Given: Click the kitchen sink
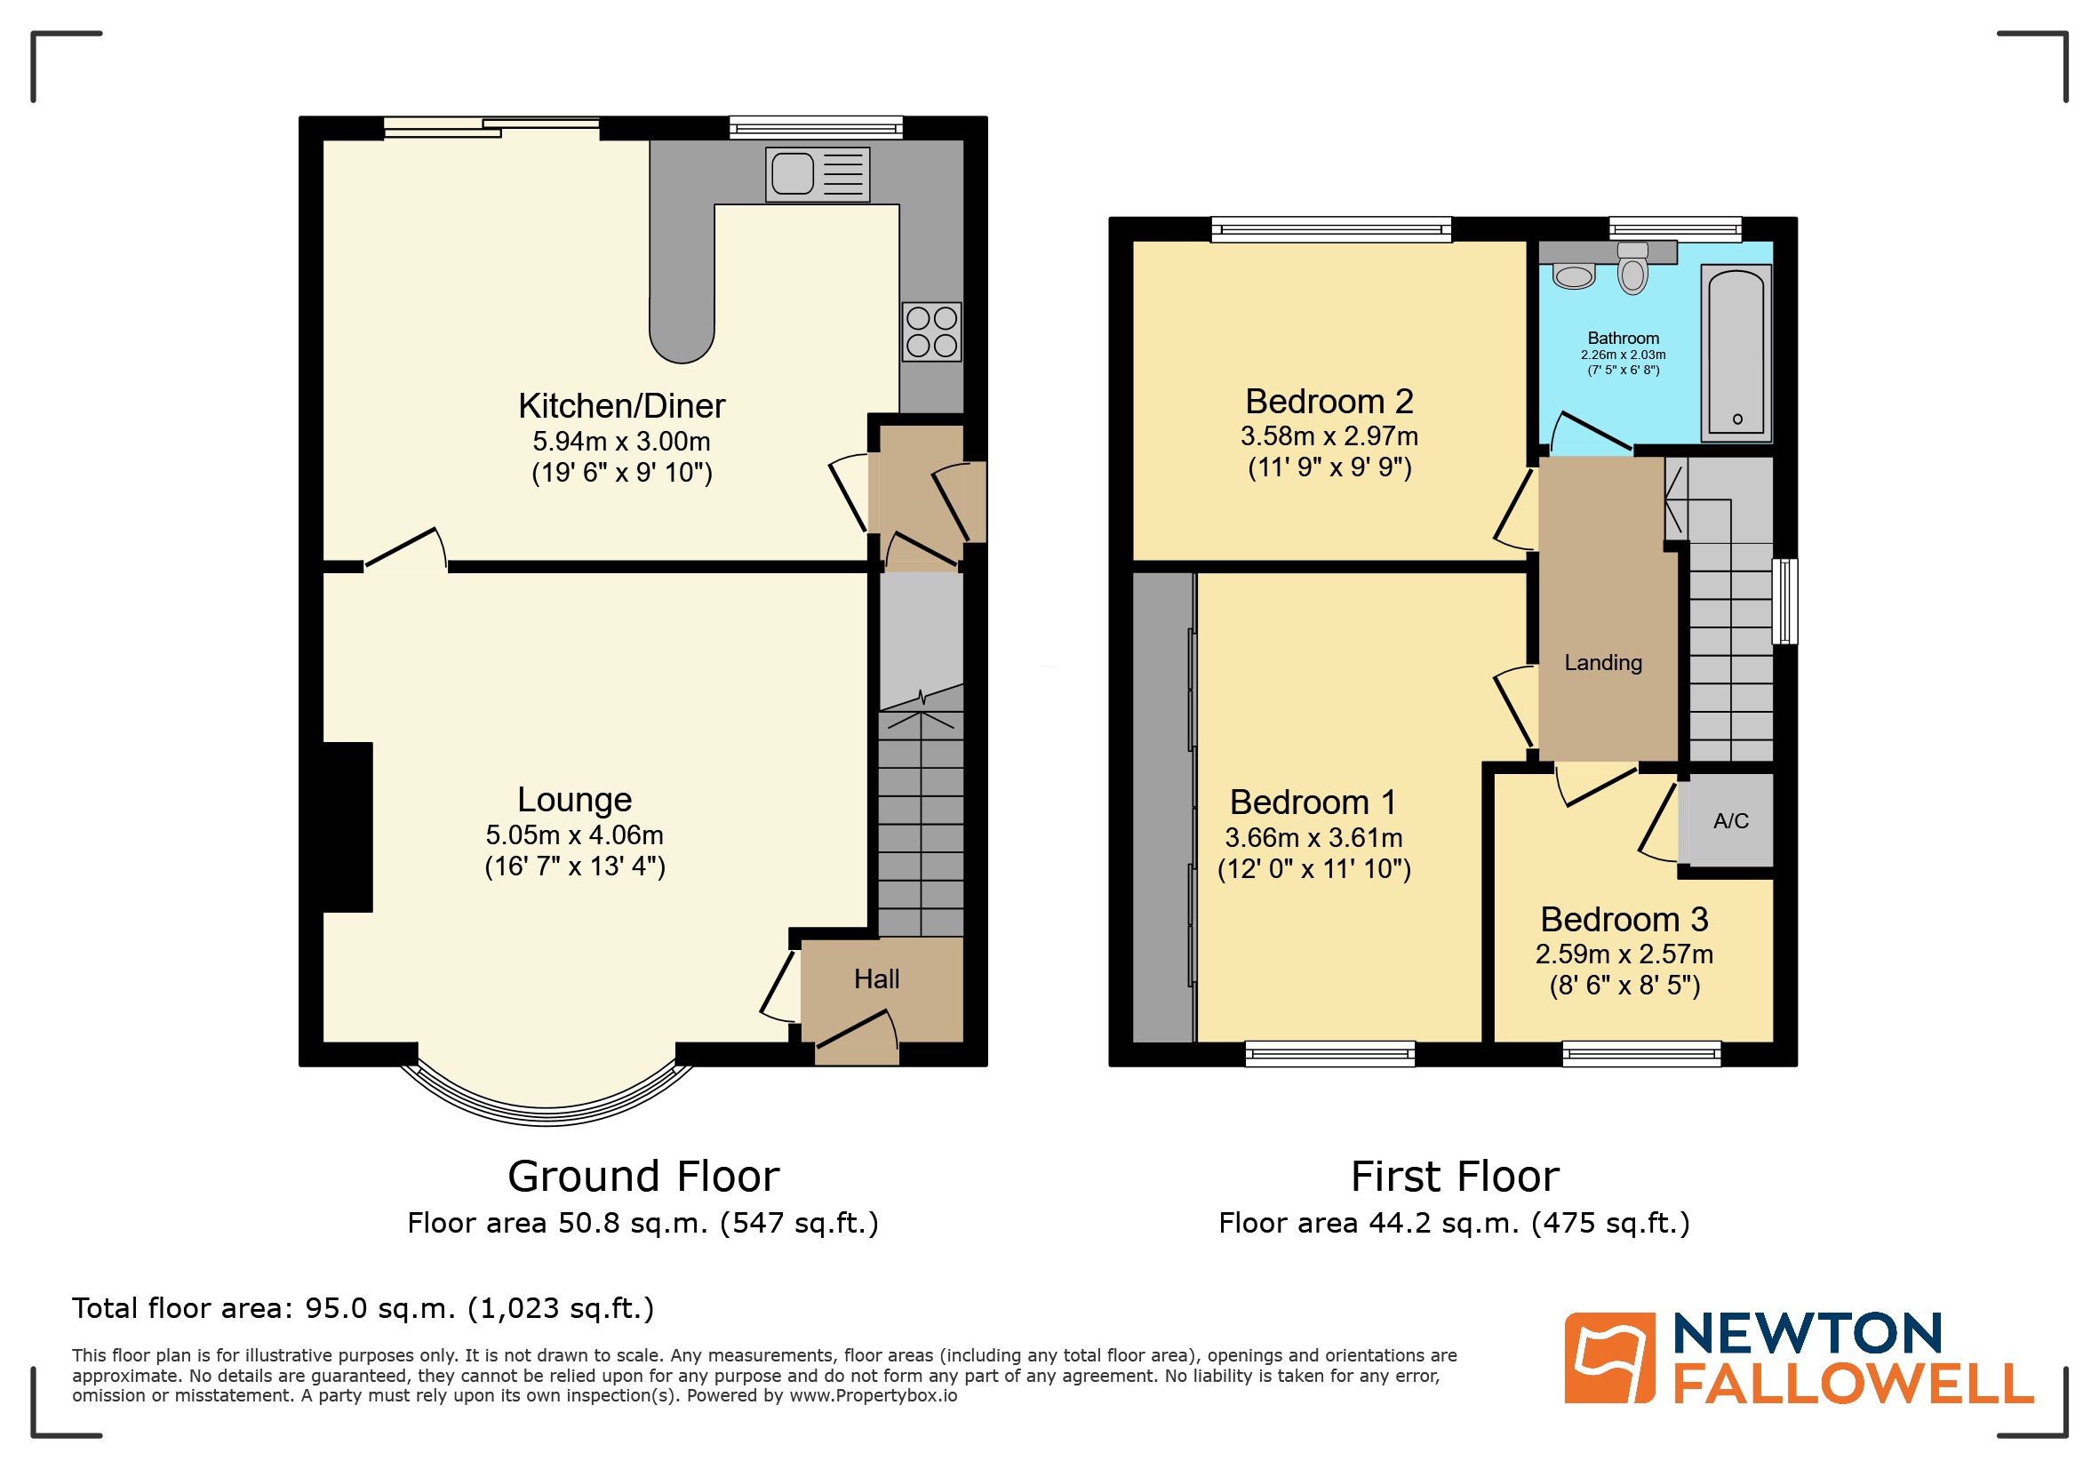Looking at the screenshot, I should (x=817, y=173).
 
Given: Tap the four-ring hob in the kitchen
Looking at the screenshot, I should (x=931, y=331).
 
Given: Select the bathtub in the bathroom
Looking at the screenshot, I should (x=1736, y=353).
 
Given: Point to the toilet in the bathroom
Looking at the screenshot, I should (x=1632, y=269).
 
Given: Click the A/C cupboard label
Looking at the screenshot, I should (x=1730, y=821).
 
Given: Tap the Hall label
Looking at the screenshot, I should (x=877, y=979).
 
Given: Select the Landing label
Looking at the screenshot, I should (x=1602, y=662).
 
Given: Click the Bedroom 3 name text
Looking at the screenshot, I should (x=1624, y=919).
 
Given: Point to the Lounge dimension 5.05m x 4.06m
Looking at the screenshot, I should (x=574, y=834).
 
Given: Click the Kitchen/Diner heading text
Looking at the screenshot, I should (x=622, y=405).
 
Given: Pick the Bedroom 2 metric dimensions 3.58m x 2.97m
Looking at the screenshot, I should (x=1329, y=436).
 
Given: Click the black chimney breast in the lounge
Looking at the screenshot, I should (x=347, y=826).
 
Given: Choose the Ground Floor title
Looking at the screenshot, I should (x=643, y=1177).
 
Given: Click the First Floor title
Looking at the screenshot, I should (x=1455, y=1177).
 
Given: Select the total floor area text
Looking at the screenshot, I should (x=363, y=1308).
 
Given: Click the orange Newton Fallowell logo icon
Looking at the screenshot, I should (x=1609, y=1358).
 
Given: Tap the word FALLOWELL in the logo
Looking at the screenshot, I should (x=1853, y=1384).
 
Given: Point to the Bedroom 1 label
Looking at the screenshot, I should (x=1313, y=802).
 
